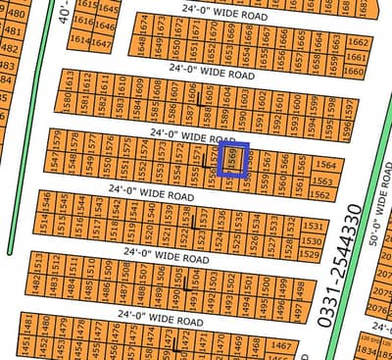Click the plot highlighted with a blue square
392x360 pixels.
click(235, 159)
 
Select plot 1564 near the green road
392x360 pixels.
click(325, 166)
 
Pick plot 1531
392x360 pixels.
click(312, 226)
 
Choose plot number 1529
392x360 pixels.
click(310, 254)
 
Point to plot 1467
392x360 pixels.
click(282, 346)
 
